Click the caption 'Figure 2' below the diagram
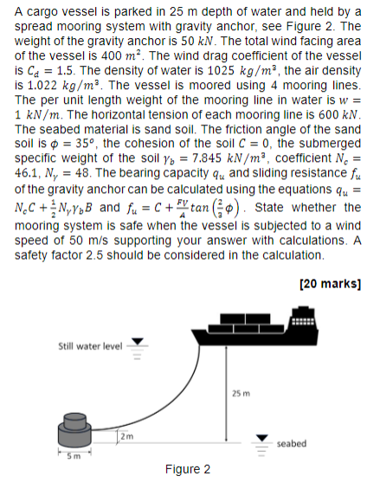point(188,470)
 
